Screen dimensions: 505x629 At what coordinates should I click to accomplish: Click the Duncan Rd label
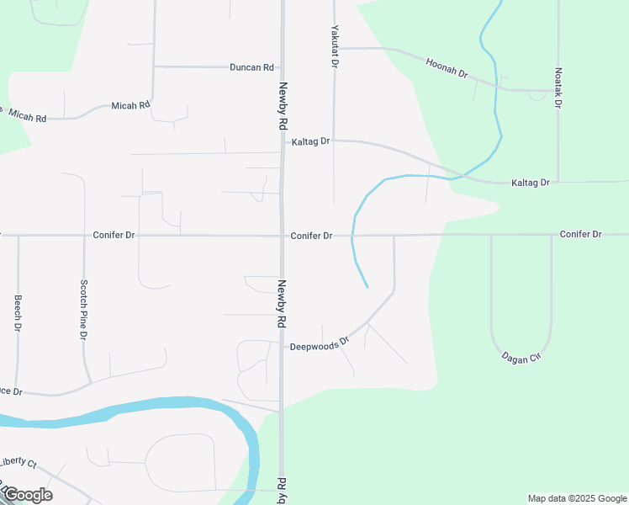252,66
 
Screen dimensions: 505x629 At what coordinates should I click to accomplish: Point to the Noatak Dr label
558,88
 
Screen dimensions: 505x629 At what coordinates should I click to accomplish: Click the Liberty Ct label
18,462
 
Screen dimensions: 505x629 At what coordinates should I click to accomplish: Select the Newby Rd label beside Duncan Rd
283,104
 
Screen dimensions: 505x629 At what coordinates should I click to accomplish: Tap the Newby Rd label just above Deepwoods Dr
283,304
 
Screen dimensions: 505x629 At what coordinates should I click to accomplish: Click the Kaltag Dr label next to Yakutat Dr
310,142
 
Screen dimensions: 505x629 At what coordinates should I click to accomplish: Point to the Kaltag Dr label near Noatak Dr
530,183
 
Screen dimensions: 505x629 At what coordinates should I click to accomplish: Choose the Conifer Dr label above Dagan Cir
581,234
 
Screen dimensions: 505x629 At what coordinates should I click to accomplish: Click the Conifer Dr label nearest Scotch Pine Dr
114,236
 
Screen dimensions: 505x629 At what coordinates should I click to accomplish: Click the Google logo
27,495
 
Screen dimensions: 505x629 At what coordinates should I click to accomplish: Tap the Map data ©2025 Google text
577,498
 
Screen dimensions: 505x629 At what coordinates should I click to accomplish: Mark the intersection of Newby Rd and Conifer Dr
282,236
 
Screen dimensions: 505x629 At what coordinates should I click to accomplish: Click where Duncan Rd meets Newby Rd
282,66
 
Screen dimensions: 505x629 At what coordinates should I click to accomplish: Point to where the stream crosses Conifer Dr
352,236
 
